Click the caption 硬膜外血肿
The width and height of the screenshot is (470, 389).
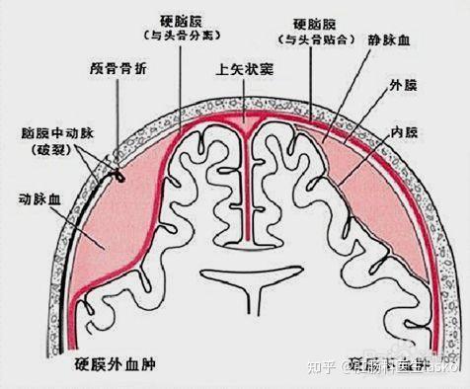[x=117, y=366]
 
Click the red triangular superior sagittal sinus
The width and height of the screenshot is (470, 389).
[x=248, y=121]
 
